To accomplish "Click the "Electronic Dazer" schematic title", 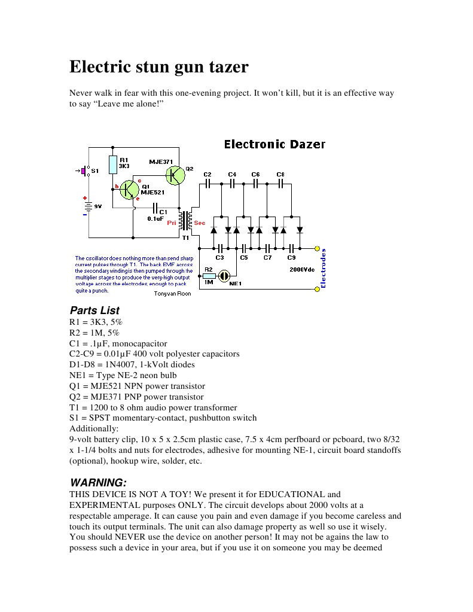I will pos(274,144).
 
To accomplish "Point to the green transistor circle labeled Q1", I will pos(129,190).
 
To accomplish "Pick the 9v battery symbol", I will pos(88,206).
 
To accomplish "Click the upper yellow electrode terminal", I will pos(318,248).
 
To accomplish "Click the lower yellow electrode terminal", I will pos(318,289).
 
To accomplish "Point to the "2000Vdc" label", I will pos(302,270).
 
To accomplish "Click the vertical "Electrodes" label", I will pos(324,269).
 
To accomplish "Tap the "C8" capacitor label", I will pos(280,174).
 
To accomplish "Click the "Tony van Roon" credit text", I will pos(172,294).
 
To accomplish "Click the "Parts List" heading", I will pos(94,310).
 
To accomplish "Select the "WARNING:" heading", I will pos(98,482).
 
